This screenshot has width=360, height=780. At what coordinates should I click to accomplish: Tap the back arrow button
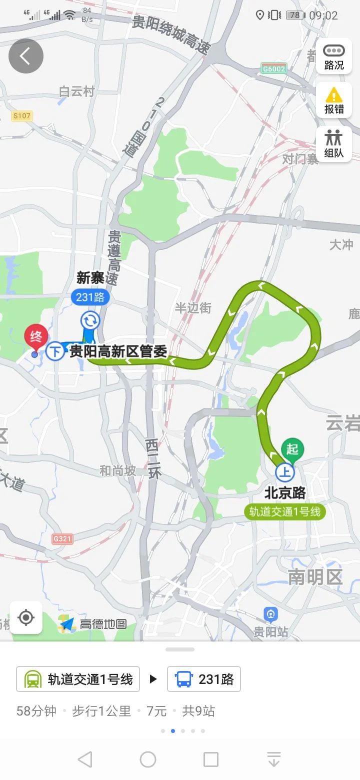26,56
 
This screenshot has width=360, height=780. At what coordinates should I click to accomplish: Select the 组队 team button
334,143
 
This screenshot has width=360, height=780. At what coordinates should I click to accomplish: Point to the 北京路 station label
285,493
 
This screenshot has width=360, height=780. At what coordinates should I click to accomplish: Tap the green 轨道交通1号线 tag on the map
285,511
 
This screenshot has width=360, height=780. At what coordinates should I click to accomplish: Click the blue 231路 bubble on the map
90,297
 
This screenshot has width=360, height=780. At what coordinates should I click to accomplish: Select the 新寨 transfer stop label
90,278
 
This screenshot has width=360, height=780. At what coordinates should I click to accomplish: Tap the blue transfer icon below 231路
90,320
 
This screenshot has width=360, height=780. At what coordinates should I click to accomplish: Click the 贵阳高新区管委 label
117,351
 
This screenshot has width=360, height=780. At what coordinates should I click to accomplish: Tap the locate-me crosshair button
26,618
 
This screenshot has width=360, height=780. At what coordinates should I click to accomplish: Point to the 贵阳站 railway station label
270,631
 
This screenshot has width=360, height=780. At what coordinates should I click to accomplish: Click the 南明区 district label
315,577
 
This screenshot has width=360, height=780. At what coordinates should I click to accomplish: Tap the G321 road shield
62,539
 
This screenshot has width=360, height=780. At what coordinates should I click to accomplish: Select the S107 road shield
22,116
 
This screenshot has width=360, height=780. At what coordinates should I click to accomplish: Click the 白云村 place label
76,91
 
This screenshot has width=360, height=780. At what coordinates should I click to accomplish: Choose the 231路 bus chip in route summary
204,679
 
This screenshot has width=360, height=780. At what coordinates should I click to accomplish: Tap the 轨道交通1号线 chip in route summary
78,679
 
